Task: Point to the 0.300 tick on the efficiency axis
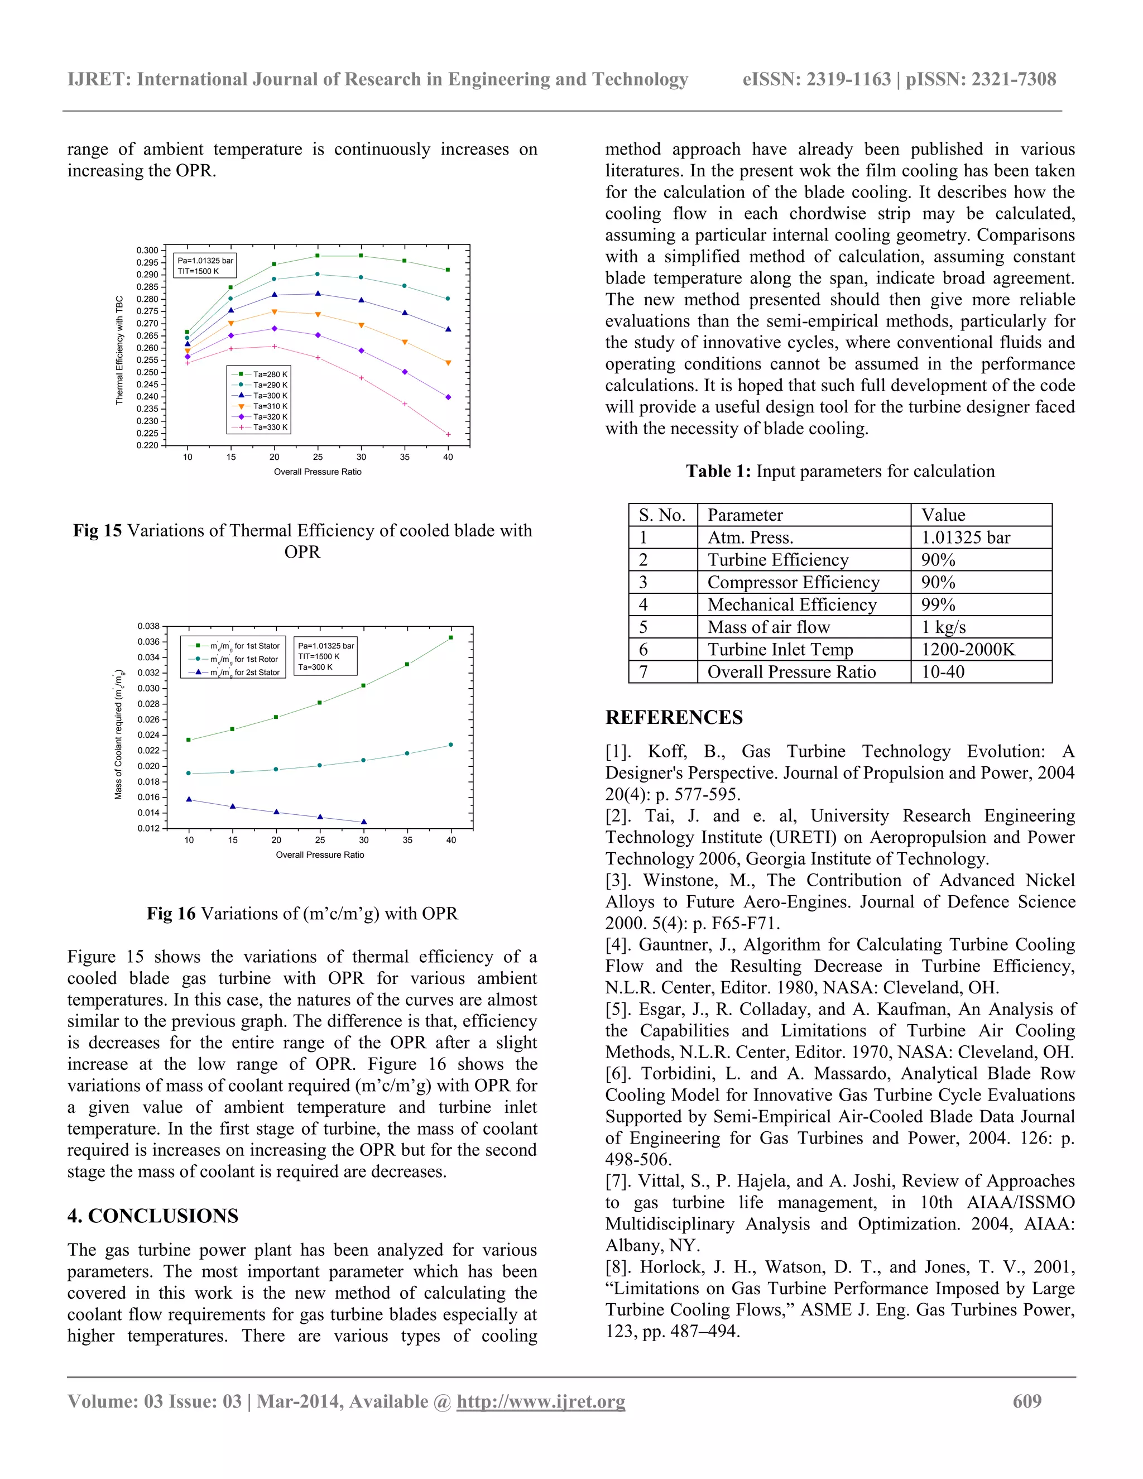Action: [x=147, y=251]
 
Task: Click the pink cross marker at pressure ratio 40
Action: [x=448, y=435]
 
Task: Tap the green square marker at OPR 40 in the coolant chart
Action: [x=451, y=637]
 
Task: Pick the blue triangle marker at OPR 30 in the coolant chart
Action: [x=364, y=822]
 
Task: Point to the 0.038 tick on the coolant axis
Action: [x=148, y=626]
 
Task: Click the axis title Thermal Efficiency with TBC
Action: [x=119, y=350]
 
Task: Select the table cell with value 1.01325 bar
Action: [x=965, y=537]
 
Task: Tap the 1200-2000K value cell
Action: [x=968, y=650]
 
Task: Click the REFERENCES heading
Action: [x=674, y=717]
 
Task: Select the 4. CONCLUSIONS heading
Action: [x=152, y=1216]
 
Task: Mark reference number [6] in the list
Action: [x=619, y=1074]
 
